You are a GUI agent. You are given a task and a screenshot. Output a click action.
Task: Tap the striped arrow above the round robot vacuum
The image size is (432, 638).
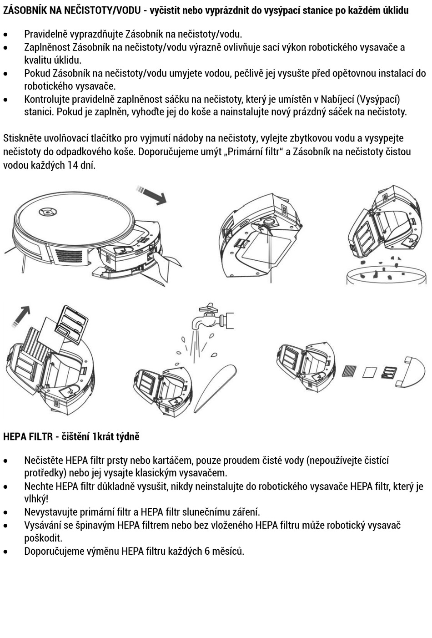pos(152,194)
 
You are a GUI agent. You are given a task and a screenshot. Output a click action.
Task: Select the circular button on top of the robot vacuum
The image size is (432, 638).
pos(47,211)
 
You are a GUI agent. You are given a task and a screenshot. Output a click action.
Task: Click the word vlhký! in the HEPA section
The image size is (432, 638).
pos(36,499)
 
